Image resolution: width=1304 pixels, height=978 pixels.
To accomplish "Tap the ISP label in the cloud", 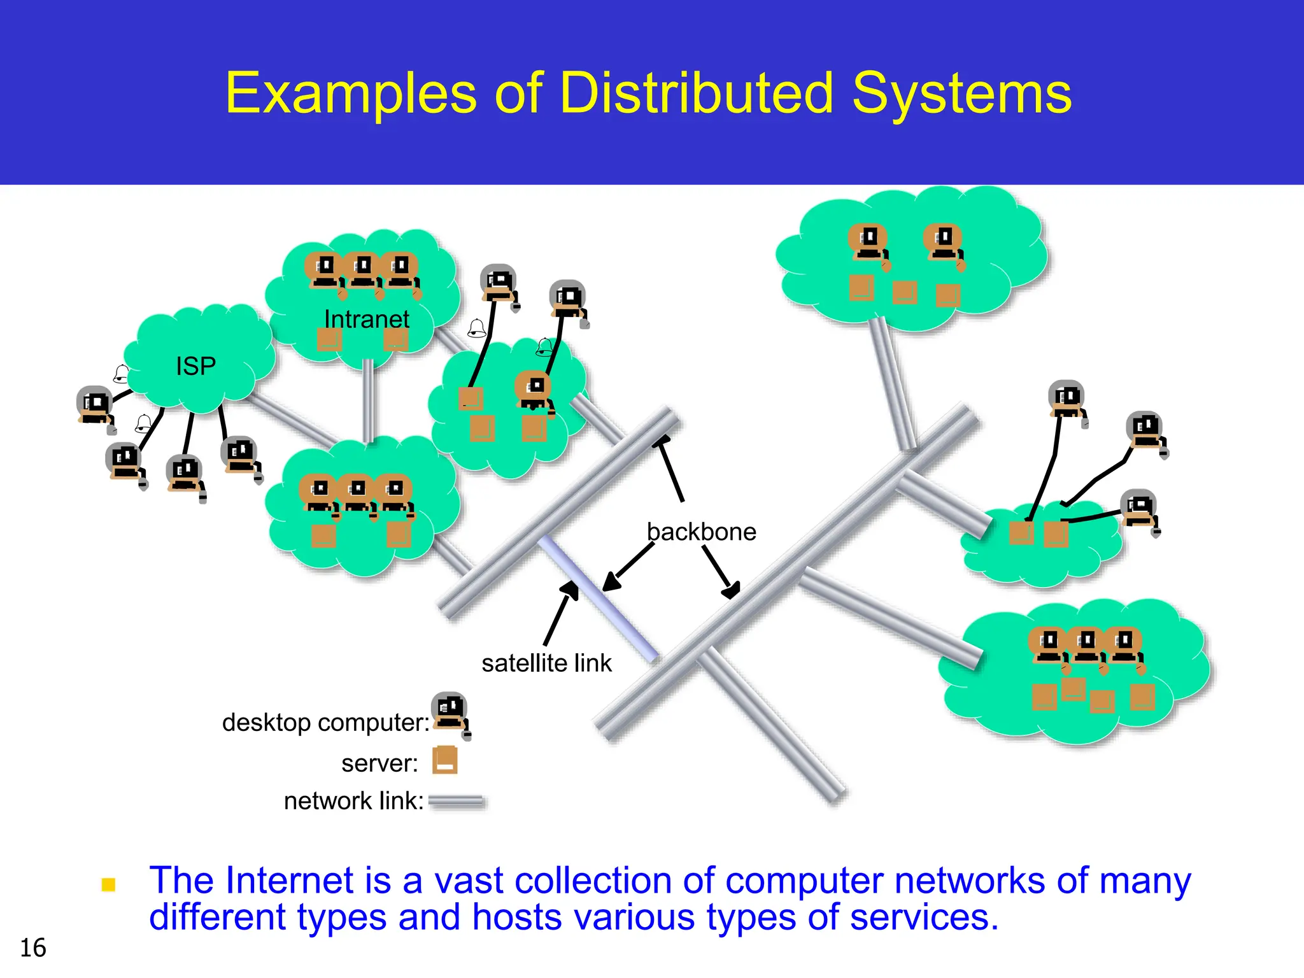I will pos(195,366).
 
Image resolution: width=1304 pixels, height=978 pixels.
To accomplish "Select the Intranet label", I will pos(367,319).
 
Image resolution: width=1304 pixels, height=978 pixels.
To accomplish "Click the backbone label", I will pos(701,532).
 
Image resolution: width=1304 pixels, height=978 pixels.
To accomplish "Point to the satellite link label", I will pos(546,663).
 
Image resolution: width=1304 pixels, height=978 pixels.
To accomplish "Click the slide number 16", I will pos(33,948).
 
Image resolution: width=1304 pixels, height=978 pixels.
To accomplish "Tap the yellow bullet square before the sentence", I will pos(109,885).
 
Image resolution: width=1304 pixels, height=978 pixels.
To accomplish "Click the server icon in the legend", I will pos(445,760).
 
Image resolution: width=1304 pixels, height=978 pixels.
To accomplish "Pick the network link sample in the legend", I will pos(456,802).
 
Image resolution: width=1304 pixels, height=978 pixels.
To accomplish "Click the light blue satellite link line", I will pos(599,599).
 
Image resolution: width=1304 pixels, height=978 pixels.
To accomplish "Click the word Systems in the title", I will pos(961,94).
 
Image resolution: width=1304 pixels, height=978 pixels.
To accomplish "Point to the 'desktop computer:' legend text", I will pos(325,723).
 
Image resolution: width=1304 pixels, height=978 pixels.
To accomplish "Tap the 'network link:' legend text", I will pos(353,801).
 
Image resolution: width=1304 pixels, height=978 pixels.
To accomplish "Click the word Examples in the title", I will pos(351,94).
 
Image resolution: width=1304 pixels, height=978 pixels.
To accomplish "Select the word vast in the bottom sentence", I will pos(469,881).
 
